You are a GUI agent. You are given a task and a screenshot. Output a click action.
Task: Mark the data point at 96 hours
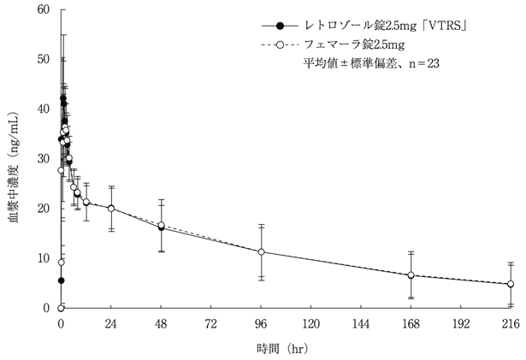pyautogui.click(x=261, y=251)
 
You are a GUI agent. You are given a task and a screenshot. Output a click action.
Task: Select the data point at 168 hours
pyautogui.click(x=411, y=275)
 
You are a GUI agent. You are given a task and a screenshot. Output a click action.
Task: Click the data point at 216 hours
pyautogui.click(x=511, y=284)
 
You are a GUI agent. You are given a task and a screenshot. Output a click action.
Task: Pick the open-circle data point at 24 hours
pyautogui.click(x=111, y=209)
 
